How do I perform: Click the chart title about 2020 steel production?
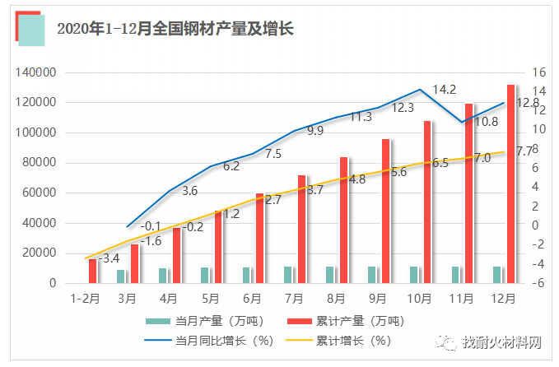click(x=175, y=29)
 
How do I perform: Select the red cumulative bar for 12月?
click(x=510, y=183)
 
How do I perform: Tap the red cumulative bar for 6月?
click(x=259, y=238)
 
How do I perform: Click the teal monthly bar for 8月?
click(x=330, y=275)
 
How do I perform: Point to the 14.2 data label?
click(x=445, y=89)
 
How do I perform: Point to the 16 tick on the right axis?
click(x=538, y=72)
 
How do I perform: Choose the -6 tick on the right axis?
click(x=538, y=284)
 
